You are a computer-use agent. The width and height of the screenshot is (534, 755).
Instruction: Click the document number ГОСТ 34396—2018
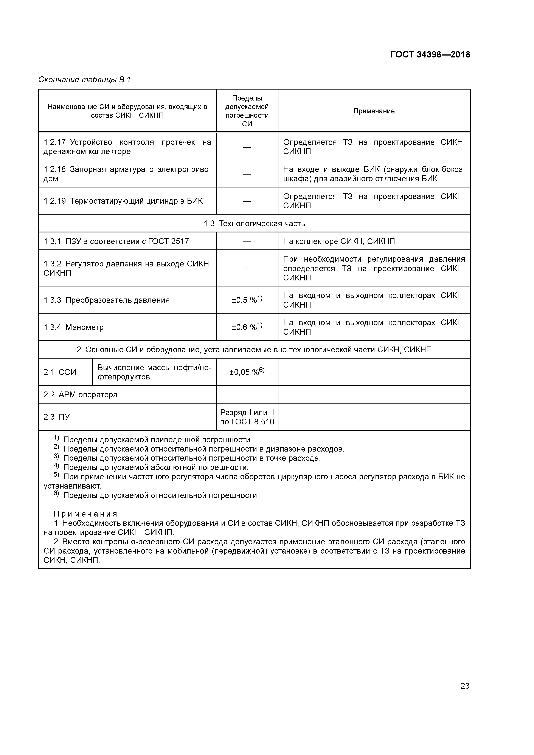pyautogui.click(x=430, y=55)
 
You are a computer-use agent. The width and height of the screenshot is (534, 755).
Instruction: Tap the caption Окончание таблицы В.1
pyautogui.click(x=85, y=80)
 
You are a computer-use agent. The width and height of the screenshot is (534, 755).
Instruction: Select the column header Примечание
pyautogui.click(x=374, y=111)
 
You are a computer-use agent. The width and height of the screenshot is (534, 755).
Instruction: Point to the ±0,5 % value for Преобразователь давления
pyautogui.click(x=247, y=300)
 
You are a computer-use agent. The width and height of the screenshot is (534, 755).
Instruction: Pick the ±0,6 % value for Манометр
pyautogui.click(x=247, y=327)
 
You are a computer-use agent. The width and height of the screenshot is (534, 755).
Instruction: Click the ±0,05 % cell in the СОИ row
pyautogui.click(x=247, y=372)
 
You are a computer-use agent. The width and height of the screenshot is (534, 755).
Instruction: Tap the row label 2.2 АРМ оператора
pyautogui.click(x=80, y=395)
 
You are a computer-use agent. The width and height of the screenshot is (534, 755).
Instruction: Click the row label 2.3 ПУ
pyautogui.click(x=57, y=417)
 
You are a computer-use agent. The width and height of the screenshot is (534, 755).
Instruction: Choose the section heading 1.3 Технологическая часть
pyautogui.click(x=254, y=224)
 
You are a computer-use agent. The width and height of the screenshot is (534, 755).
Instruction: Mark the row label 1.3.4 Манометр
pyautogui.click(x=74, y=327)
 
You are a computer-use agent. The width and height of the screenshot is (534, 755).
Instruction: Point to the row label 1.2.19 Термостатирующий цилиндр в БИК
pyautogui.click(x=123, y=201)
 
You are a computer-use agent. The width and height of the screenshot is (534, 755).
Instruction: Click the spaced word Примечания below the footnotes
pyautogui.click(x=85, y=514)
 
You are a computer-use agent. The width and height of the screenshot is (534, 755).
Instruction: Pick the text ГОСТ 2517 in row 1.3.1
pyautogui.click(x=168, y=241)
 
